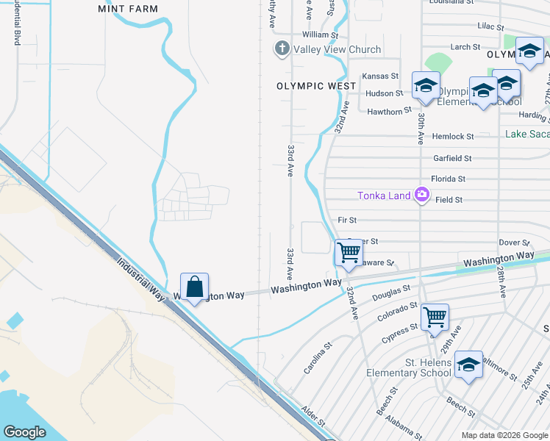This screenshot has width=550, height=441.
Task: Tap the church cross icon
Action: click(281, 49)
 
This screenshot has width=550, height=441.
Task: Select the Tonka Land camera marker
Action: click(422, 195)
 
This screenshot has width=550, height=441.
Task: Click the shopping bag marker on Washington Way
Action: click(194, 287)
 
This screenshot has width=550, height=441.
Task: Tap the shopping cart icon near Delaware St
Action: click(349, 253)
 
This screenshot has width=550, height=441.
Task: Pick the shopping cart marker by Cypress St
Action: click(435, 317)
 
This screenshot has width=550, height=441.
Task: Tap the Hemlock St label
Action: click(453, 137)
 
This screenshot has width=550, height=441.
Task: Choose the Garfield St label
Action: click(452, 158)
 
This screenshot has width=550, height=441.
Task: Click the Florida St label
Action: click(449, 179)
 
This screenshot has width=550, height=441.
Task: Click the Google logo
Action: click(25, 432)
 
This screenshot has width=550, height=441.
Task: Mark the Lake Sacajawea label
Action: click(527, 134)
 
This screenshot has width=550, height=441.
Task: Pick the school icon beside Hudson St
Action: click(425, 86)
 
